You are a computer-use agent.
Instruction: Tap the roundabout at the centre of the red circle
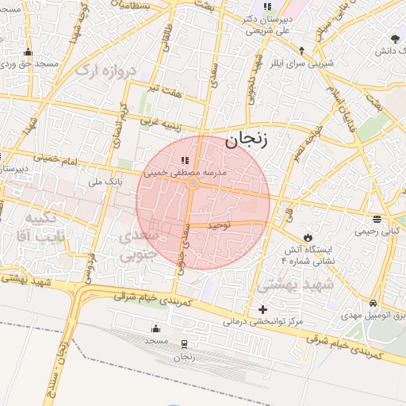(x=193, y=184)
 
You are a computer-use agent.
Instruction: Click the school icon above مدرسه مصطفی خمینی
(x=186, y=162)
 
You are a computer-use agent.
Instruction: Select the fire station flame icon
(x=307, y=237)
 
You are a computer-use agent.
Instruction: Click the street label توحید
(x=218, y=226)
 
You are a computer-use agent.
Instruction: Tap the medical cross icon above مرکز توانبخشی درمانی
(x=263, y=308)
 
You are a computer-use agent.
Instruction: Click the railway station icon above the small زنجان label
(x=185, y=343)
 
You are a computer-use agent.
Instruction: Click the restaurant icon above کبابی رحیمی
(x=376, y=219)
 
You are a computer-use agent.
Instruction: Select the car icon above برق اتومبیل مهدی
(x=373, y=304)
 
